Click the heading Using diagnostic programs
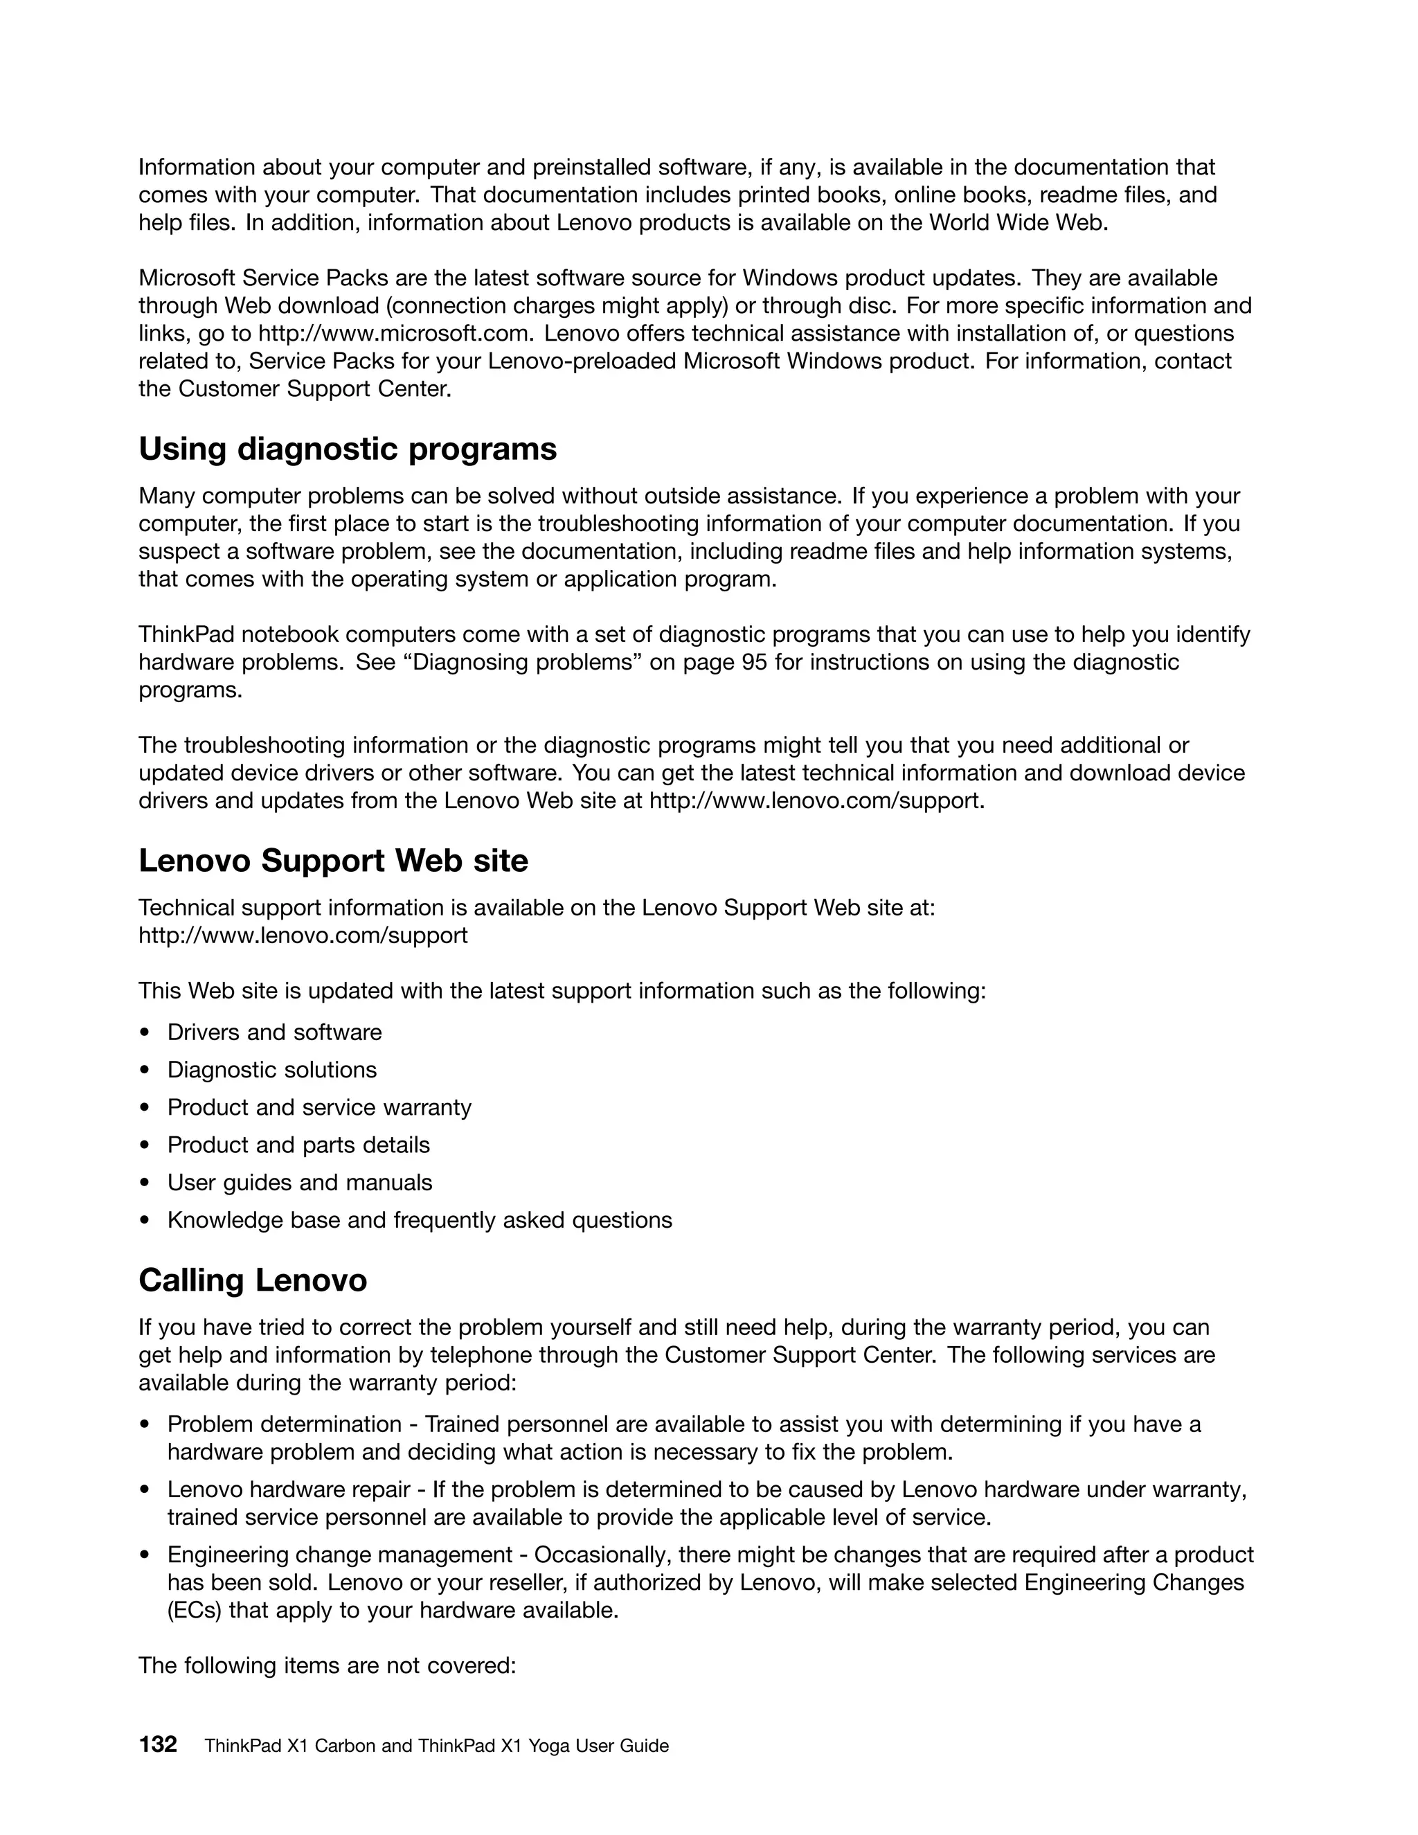347,449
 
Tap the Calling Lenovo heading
252,1280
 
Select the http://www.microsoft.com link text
394,334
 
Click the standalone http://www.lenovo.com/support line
303,935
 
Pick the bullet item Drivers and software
274,1032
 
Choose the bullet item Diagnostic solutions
271,1070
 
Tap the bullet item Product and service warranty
319,1107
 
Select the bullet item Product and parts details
298,1145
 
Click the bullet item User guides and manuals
299,1182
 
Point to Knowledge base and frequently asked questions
419,1220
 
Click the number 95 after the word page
755,662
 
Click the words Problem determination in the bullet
284,1424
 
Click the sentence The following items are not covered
327,1665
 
